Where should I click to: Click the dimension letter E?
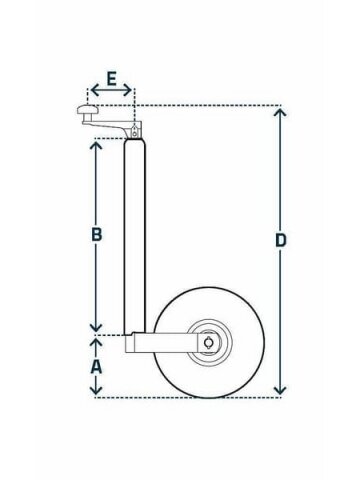click(111, 79)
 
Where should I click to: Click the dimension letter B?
click(97, 234)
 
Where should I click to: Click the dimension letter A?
click(96, 366)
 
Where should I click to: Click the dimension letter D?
click(281, 240)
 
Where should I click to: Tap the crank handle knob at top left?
click(88, 109)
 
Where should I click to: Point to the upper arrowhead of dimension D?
click(280, 113)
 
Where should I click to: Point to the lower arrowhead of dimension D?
click(280, 390)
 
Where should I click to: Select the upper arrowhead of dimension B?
click(96, 146)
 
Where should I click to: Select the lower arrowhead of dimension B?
click(96, 327)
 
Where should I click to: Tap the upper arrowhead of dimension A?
click(96, 343)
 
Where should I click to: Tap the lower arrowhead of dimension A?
click(96, 390)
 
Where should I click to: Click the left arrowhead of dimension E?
click(95, 90)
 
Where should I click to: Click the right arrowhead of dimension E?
click(127, 90)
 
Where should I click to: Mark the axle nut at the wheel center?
click(209, 343)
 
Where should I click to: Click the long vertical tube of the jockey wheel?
click(135, 237)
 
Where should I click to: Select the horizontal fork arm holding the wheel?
click(173, 342)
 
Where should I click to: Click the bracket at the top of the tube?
click(134, 130)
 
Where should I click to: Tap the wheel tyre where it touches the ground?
click(209, 396)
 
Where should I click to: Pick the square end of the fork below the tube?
click(130, 343)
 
